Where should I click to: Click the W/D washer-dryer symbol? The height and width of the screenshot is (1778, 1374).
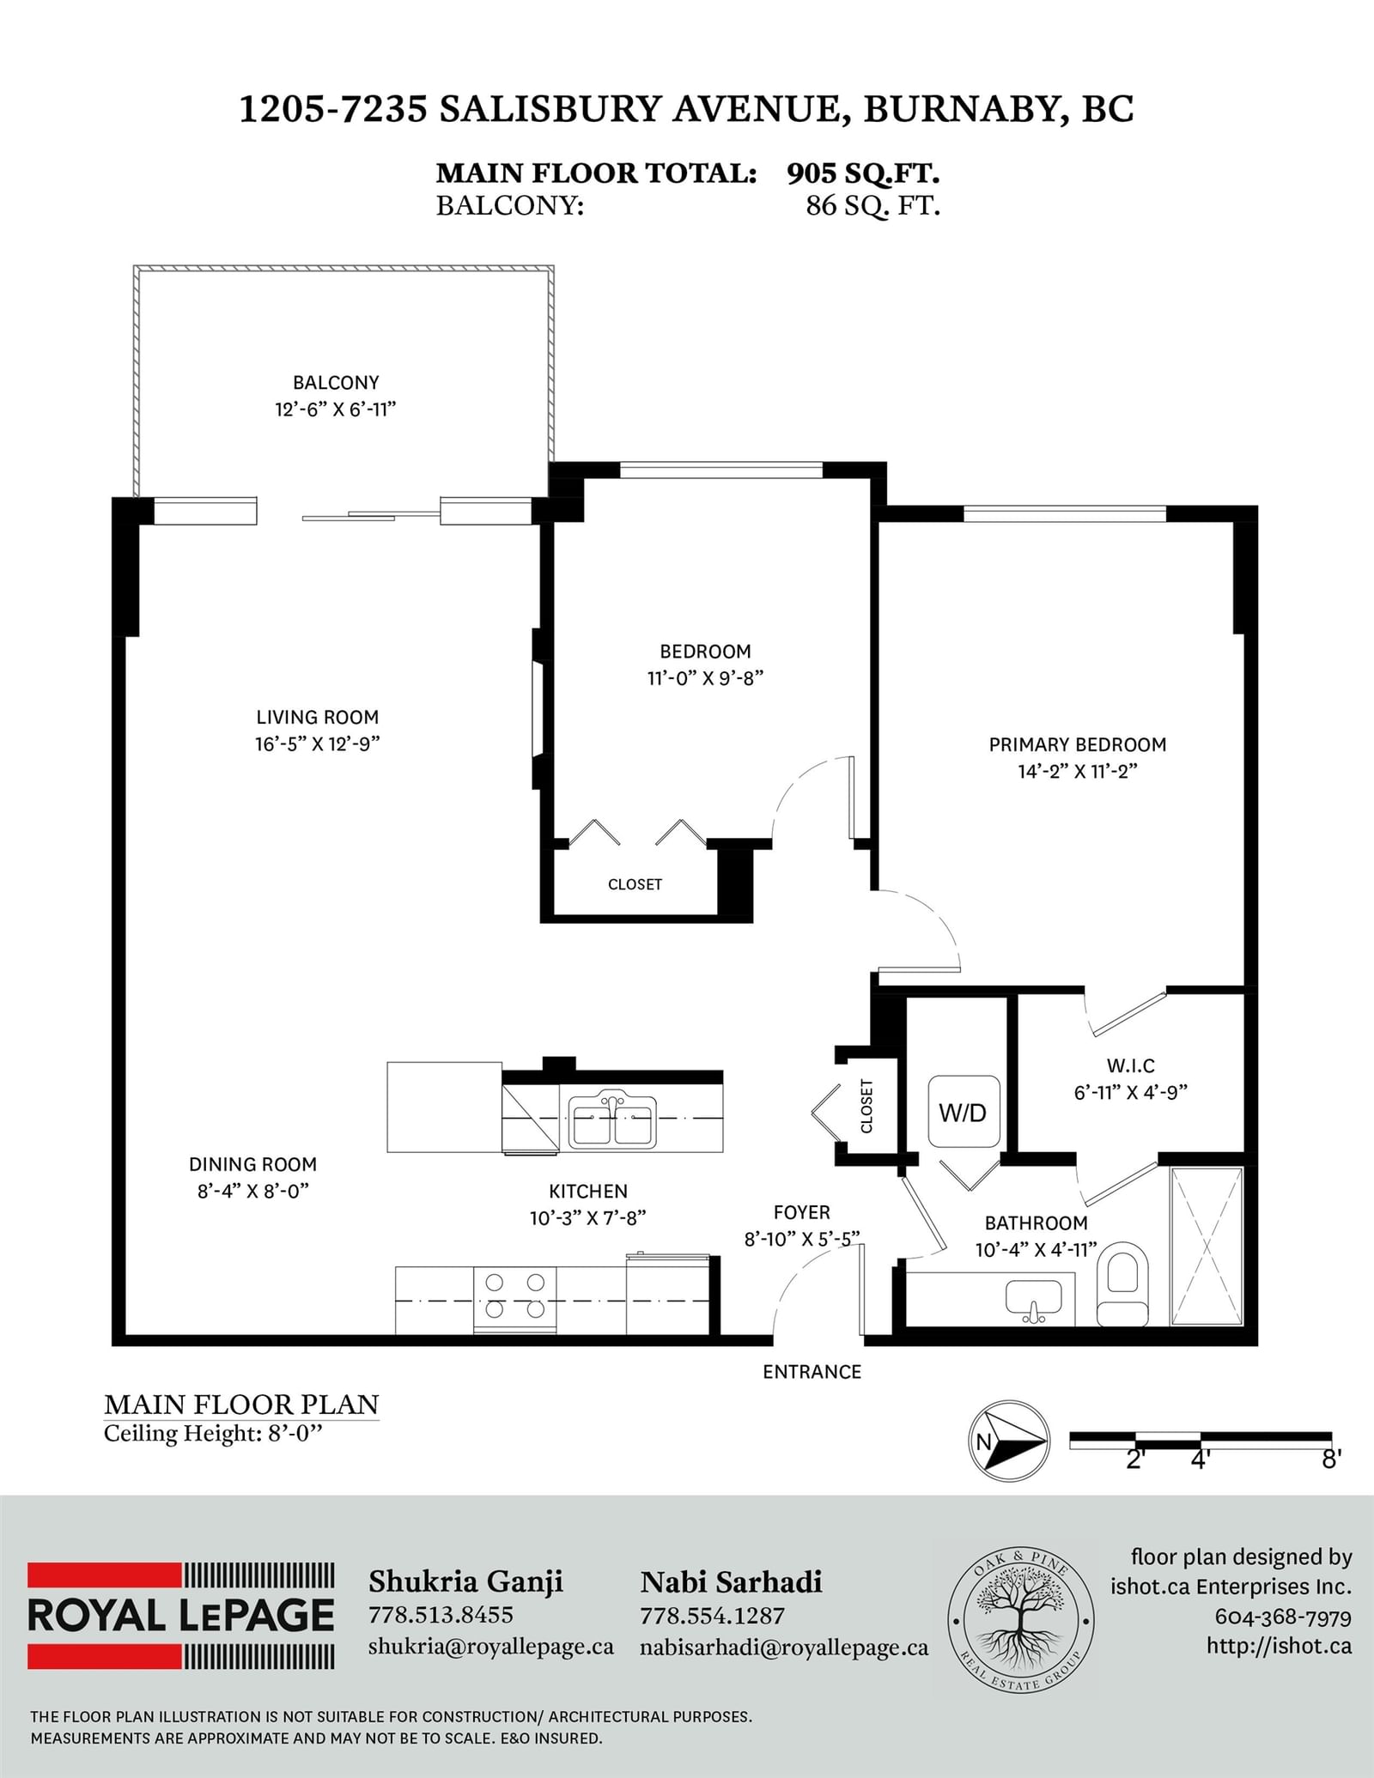[964, 1112]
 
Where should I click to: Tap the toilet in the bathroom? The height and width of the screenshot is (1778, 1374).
[1123, 1283]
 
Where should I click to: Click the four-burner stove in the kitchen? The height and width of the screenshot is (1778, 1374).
[514, 1300]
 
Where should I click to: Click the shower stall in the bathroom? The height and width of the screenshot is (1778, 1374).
[1207, 1247]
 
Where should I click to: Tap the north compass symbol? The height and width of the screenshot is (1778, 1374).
[1008, 1442]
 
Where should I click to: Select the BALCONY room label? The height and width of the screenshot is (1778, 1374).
[336, 383]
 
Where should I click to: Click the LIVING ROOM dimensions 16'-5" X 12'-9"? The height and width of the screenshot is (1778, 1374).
[318, 743]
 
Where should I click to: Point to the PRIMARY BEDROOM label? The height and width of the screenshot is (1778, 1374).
[1078, 744]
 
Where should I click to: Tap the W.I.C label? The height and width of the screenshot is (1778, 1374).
[1131, 1065]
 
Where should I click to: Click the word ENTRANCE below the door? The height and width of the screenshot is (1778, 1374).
[812, 1372]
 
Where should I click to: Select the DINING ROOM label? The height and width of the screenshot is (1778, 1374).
[252, 1164]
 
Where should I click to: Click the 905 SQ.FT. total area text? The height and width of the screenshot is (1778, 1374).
[863, 173]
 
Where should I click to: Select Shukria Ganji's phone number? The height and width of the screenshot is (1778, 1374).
[441, 1615]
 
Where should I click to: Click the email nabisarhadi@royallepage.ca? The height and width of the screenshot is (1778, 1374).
[784, 1648]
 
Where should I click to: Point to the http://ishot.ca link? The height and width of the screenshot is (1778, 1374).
[1279, 1645]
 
